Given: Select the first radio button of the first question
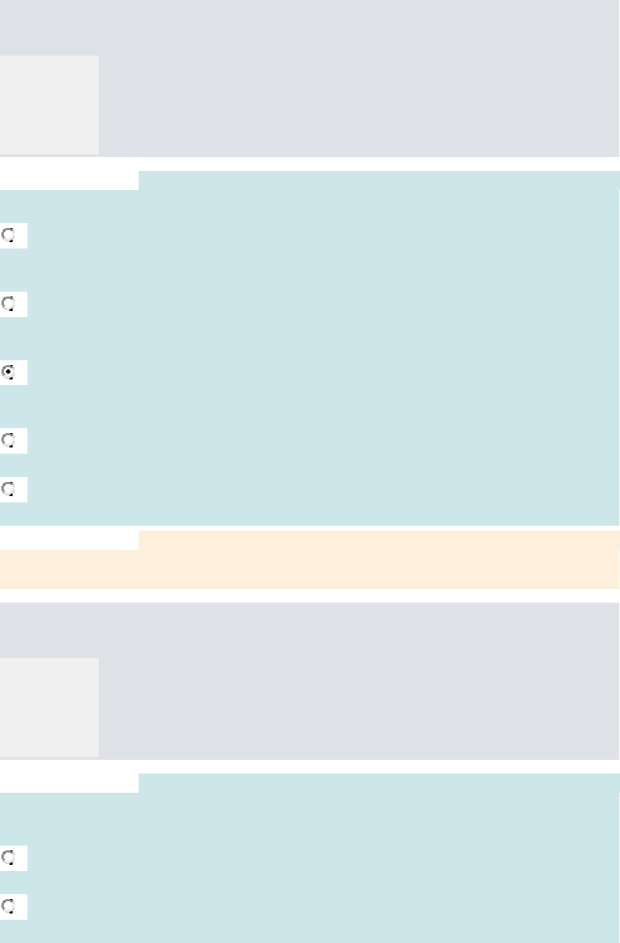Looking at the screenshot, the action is pyautogui.click(x=9, y=235).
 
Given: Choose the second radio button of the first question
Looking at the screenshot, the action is pyautogui.click(x=9, y=303).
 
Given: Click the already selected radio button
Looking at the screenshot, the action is pyautogui.click(x=9, y=372).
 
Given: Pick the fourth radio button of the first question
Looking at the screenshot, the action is pyautogui.click(x=9, y=440).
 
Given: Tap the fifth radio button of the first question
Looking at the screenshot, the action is pyautogui.click(x=9, y=489).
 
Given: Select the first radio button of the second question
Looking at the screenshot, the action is pyautogui.click(x=9, y=857).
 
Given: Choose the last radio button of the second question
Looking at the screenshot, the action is pyautogui.click(x=9, y=907).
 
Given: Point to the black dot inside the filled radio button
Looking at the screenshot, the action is pyautogui.click(x=9, y=372).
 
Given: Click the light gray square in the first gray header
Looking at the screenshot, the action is pyautogui.click(x=49, y=104).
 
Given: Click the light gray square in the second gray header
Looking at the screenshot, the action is pyautogui.click(x=49, y=707).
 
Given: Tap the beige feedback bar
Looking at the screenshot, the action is pyautogui.click(x=377, y=568).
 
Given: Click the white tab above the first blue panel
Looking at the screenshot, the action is pyautogui.click(x=69, y=180).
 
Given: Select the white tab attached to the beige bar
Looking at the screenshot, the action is pyautogui.click(x=69, y=539).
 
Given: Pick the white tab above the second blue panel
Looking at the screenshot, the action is pyautogui.click(x=69, y=782).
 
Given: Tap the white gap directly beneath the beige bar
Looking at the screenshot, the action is pyautogui.click(x=309, y=595).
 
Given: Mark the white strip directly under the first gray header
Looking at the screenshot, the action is pyautogui.click(x=309, y=163).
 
